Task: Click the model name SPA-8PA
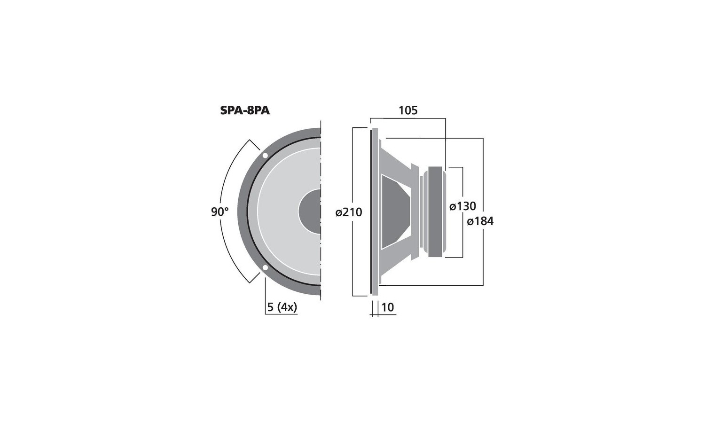click(x=244, y=111)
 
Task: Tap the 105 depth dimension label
click(x=408, y=110)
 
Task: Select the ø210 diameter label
click(x=349, y=212)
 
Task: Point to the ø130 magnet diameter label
click(x=462, y=206)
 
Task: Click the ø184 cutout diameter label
click(x=480, y=221)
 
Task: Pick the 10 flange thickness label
click(x=387, y=307)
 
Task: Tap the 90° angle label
click(x=219, y=212)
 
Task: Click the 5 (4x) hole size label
click(x=282, y=307)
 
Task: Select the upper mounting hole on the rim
click(x=265, y=155)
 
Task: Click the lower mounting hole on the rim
click(x=265, y=268)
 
